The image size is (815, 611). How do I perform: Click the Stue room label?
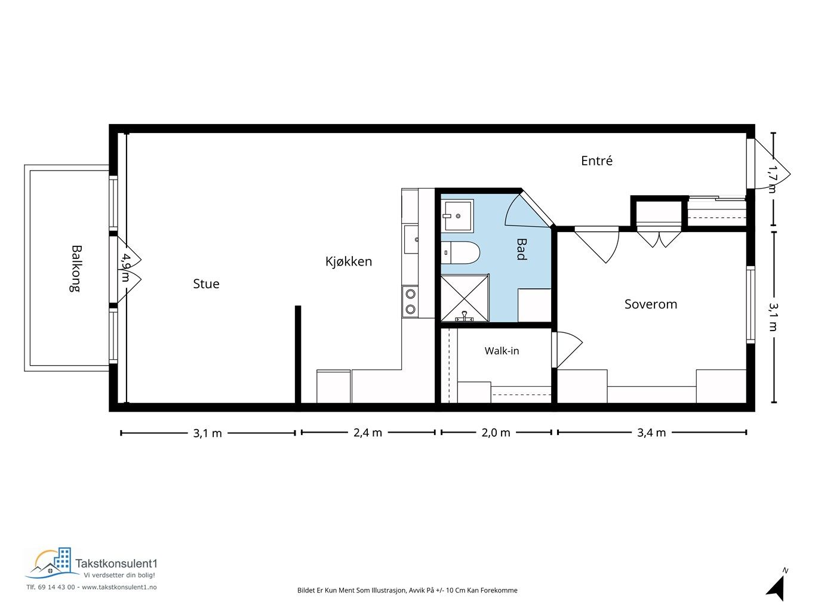pyautogui.click(x=206, y=284)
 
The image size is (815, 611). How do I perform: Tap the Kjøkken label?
pyautogui.click(x=348, y=261)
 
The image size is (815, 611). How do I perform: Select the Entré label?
pyautogui.click(x=596, y=161)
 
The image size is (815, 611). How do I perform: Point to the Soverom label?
pyautogui.click(x=651, y=304)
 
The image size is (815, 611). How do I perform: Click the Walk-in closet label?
pyautogui.click(x=502, y=351)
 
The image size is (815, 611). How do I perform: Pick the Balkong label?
pyautogui.click(x=76, y=269)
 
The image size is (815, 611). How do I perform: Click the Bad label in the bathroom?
pyautogui.click(x=522, y=249)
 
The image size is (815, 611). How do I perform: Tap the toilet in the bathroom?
pyautogui.click(x=460, y=252)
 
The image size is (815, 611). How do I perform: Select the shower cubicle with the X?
pyautogui.click(x=465, y=298)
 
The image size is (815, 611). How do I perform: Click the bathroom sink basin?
pyautogui.click(x=457, y=215)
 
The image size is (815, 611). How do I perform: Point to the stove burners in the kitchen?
pyautogui.click(x=410, y=301)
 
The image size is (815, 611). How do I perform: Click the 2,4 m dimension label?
pyautogui.click(x=368, y=433)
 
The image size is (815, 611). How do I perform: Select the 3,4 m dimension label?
pyautogui.click(x=651, y=433)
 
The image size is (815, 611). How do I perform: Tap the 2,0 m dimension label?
pyautogui.click(x=496, y=433)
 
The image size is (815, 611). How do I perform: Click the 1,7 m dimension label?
pyautogui.click(x=772, y=179)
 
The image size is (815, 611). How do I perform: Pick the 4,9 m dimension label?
pyautogui.click(x=125, y=267)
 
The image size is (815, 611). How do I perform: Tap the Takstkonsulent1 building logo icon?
pyautogui.click(x=52, y=563)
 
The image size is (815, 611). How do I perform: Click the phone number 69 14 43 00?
pyautogui.click(x=57, y=587)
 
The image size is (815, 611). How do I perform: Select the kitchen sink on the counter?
pyautogui.click(x=411, y=239)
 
